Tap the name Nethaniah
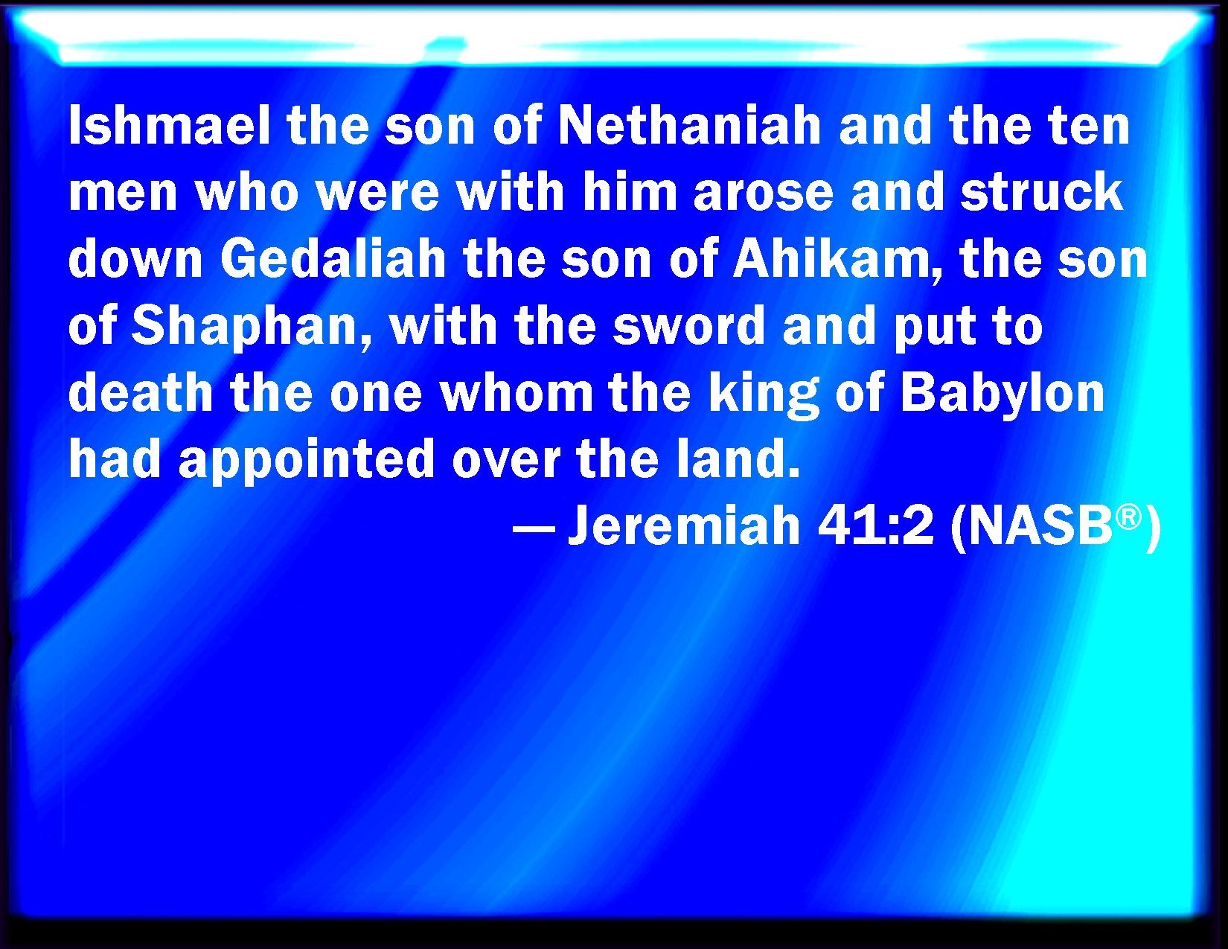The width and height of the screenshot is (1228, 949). click(689, 126)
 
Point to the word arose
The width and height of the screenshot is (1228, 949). click(764, 193)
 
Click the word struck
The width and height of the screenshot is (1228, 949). click(1041, 192)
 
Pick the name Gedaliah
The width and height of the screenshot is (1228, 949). click(333, 259)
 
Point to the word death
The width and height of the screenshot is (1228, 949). click(141, 392)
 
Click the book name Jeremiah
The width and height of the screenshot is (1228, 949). click(684, 525)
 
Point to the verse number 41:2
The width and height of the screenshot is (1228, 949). click(875, 525)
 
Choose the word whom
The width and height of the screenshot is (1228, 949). click(517, 392)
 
